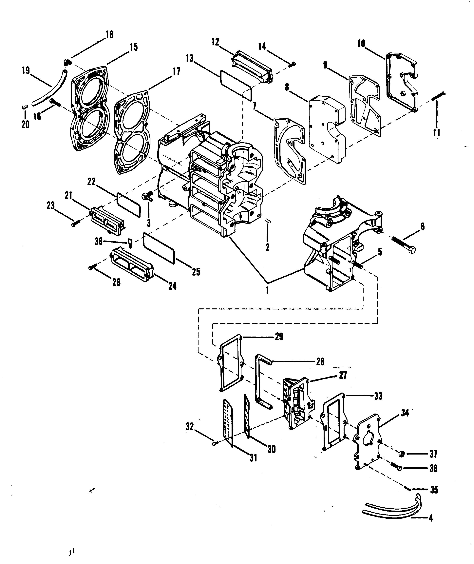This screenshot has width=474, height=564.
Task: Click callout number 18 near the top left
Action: tap(110, 35)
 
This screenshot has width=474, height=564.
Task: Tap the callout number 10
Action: tap(361, 44)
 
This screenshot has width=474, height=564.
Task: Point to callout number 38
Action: tap(99, 241)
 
